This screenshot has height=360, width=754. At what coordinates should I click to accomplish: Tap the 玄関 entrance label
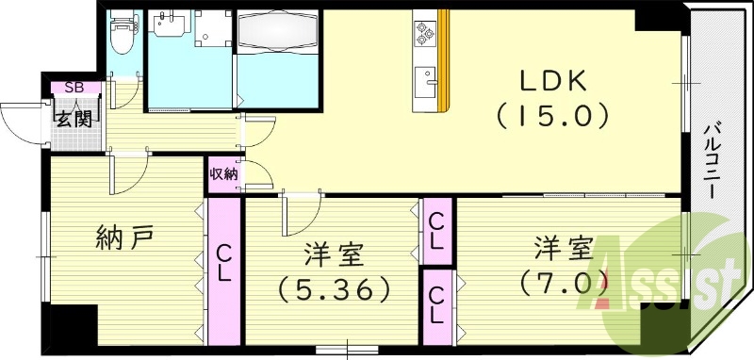click(x=72, y=119)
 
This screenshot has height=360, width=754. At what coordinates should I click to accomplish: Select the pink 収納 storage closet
click(x=224, y=174)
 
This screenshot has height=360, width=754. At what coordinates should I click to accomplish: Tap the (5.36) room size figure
click(x=334, y=286)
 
